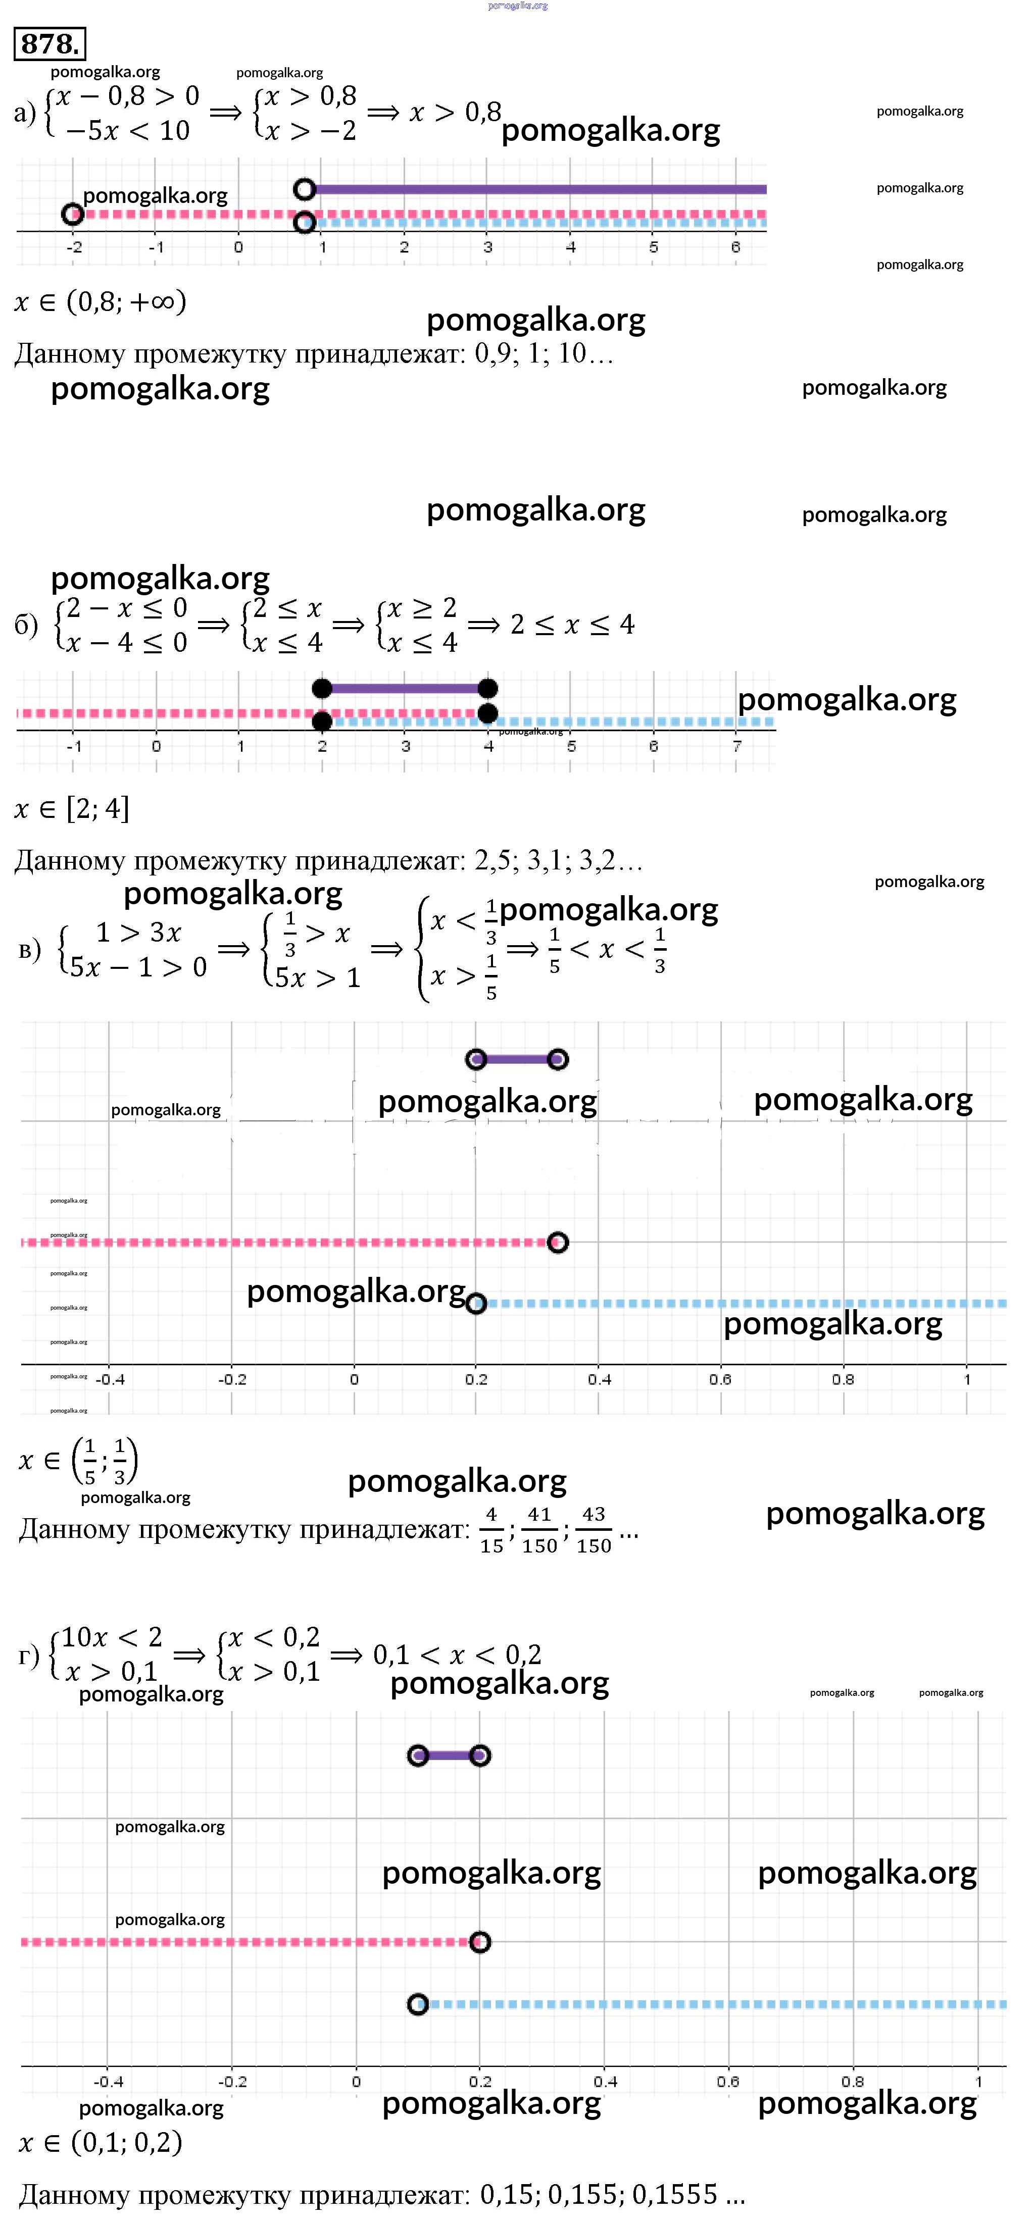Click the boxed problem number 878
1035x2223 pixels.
pyautogui.click(x=50, y=43)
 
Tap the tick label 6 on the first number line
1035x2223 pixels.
pyautogui.click(x=735, y=247)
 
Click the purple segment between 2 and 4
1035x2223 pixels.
pyautogui.click(x=405, y=688)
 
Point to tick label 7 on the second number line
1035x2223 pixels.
pyautogui.click(x=736, y=746)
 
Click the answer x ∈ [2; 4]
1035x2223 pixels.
pyautogui.click(x=73, y=809)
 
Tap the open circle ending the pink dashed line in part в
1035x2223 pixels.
pyautogui.click(x=558, y=1243)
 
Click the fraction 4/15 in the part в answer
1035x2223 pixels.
pyautogui.click(x=491, y=1529)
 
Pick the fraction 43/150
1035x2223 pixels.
pyautogui.click(x=594, y=1529)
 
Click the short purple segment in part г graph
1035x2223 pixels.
pyautogui.click(x=449, y=1755)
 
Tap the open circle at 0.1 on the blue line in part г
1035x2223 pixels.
pyautogui.click(x=418, y=2004)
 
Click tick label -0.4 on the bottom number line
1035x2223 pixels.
pyautogui.click(x=108, y=2082)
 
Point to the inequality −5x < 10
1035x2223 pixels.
pyautogui.click(x=127, y=130)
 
